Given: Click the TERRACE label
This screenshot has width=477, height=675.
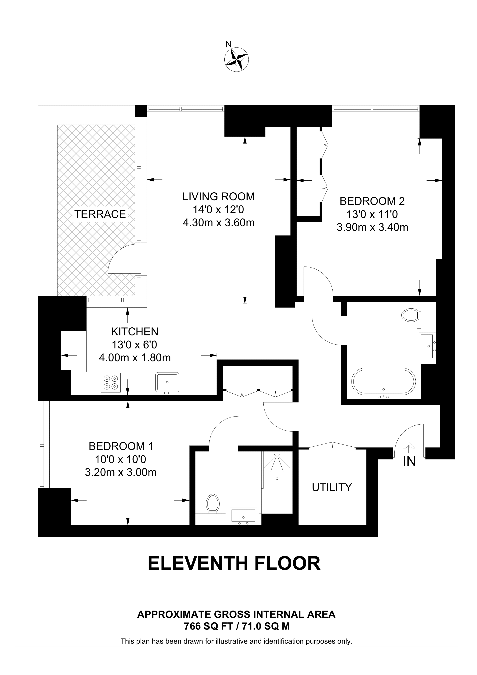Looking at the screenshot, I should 100,214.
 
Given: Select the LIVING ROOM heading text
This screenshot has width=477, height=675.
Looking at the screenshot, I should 218,196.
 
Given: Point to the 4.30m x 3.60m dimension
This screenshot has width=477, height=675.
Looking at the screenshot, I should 218,223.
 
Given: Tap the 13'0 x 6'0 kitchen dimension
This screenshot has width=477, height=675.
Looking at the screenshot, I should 135,345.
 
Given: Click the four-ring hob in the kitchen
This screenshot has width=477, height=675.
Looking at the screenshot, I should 111,382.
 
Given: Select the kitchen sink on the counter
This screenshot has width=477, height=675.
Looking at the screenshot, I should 167,382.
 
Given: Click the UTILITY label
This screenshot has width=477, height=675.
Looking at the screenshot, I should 332,487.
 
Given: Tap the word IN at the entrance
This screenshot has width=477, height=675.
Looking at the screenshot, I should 409,462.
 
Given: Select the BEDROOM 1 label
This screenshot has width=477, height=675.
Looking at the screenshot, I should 121,446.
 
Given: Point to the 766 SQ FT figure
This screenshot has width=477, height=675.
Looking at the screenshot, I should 209,626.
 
